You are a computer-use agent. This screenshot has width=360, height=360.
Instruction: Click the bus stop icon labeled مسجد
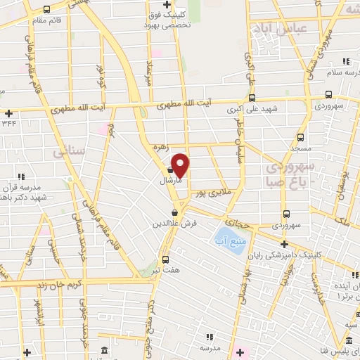tap(300, 138)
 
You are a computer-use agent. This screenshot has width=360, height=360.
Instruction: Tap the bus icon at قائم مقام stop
tap(46, 10)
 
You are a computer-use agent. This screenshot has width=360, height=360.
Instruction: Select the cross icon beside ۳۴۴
tap(8, 113)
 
